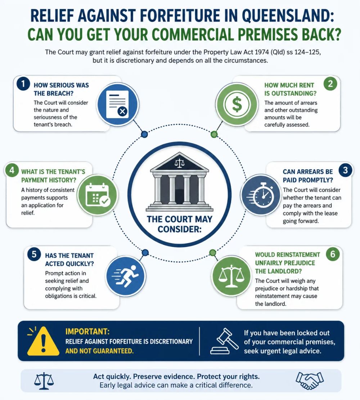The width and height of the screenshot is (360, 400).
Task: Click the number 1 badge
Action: (23, 84)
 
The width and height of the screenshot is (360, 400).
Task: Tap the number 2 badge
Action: (330, 84)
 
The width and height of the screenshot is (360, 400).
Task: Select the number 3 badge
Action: (346, 170)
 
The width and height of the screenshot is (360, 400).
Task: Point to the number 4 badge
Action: (12, 170)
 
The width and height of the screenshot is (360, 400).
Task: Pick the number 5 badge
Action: (34, 254)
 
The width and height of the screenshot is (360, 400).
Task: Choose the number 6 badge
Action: (333, 254)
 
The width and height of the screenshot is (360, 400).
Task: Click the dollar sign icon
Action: (237, 104)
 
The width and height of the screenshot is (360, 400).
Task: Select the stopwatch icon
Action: (261, 195)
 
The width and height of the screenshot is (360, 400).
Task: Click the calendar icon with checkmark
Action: (97, 195)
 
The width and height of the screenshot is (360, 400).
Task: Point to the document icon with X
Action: (118, 104)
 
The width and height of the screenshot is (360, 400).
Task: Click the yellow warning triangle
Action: (43, 341)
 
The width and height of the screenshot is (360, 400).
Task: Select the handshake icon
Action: (310, 380)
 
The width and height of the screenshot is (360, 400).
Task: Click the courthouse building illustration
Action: (180, 182)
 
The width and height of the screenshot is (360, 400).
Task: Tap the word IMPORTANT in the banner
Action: (87, 331)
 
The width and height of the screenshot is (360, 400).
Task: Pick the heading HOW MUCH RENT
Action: (289, 85)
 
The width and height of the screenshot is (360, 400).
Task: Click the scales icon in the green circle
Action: (231, 276)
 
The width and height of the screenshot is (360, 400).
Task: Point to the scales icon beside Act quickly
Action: (44, 381)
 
